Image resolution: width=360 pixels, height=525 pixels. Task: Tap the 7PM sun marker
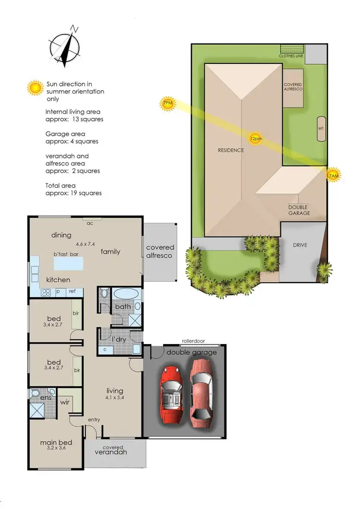pyautogui.click(x=168, y=103)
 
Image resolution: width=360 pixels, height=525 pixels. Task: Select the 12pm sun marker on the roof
pyautogui.click(x=256, y=139)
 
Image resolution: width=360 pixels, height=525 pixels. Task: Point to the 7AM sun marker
pyautogui.click(x=333, y=176)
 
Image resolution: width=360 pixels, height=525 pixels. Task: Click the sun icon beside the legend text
pyautogui.click(x=35, y=88)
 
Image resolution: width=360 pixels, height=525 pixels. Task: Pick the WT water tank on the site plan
pyautogui.click(x=321, y=129)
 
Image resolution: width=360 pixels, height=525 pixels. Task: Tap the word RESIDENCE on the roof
pyautogui.click(x=231, y=150)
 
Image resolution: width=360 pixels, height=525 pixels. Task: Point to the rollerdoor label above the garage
pyautogui.click(x=193, y=341)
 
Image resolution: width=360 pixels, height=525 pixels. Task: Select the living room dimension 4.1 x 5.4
pyautogui.click(x=115, y=398)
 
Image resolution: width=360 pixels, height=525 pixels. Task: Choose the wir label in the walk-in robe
pyautogui.click(x=65, y=402)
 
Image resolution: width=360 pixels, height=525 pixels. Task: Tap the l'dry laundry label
pyautogui.click(x=119, y=339)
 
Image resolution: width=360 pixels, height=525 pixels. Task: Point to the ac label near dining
pyautogui.click(x=90, y=223)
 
